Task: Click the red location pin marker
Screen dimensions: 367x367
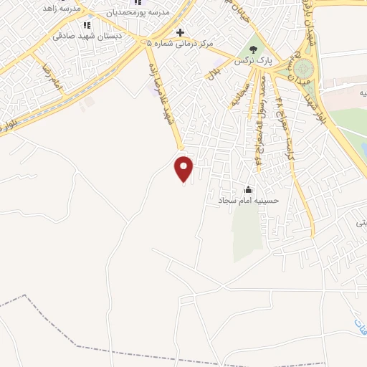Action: pos(184,168)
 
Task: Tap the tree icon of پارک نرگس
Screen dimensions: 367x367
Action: pos(252,49)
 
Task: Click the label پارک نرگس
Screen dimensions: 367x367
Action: pos(252,63)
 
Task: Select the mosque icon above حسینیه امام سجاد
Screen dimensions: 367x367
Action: pos(248,189)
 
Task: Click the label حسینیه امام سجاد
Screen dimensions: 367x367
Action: pos(248,202)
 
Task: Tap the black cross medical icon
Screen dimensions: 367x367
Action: pos(181,32)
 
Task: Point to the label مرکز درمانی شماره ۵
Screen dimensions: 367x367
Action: pos(181,44)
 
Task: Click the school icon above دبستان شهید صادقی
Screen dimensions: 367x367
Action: pos(87,25)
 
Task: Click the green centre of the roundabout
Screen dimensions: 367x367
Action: pos(305,69)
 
